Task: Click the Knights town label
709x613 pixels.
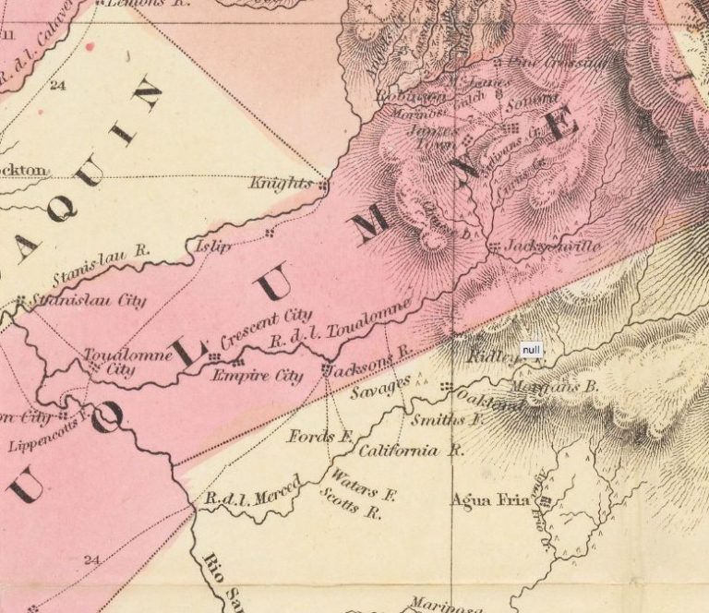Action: (282, 184)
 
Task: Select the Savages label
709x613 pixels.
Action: (380, 389)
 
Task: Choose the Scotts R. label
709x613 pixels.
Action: (350, 508)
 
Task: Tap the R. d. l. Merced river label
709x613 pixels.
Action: (252, 492)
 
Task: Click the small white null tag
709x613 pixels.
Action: (533, 350)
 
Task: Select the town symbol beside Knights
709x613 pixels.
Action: (323, 186)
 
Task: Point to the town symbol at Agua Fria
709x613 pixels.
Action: (545, 502)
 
